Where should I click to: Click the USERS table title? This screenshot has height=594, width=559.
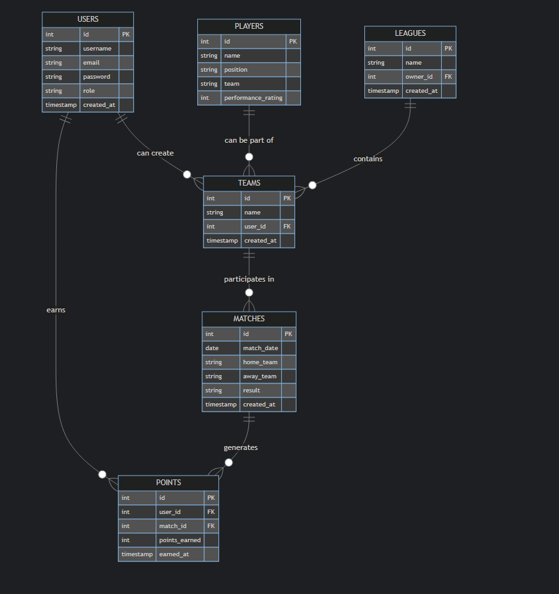pos(88,19)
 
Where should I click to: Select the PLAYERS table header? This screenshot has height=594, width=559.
pos(248,26)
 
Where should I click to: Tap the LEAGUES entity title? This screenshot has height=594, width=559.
pos(410,33)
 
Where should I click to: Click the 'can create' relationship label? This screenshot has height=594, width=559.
pos(155,153)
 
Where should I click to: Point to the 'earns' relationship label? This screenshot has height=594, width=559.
pos(56,310)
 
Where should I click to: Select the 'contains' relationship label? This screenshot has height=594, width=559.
pos(368,158)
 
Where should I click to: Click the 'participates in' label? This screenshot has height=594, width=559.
pos(249,279)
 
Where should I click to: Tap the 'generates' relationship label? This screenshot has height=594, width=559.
pos(241,447)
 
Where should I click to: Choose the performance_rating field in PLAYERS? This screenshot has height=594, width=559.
pos(253,98)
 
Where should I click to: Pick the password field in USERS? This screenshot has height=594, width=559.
pos(97,77)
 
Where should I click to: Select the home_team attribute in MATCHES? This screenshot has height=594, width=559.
pos(260,362)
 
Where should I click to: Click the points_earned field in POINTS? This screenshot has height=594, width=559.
pos(180,540)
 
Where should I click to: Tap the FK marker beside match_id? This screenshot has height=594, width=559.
pos(211,526)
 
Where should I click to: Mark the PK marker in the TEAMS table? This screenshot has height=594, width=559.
pos(287,198)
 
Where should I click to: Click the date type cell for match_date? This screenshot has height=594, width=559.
pos(212,348)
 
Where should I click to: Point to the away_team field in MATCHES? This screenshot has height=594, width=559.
pos(260,376)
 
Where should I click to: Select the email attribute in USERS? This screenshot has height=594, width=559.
pos(91,63)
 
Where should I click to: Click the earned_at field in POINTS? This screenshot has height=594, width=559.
pos(174,554)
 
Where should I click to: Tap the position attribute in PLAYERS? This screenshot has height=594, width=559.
pos(236,70)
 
